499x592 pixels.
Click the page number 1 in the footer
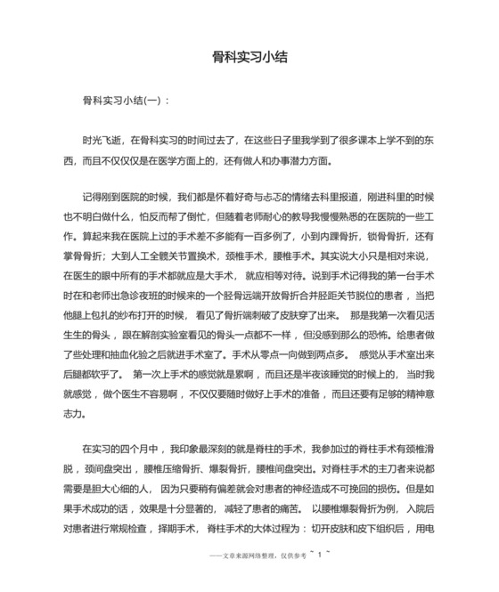[x=316, y=553]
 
